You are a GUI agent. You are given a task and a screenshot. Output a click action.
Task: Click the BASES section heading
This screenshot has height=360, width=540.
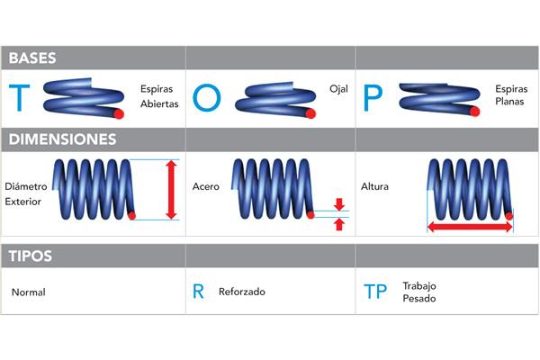(x=32, y=58)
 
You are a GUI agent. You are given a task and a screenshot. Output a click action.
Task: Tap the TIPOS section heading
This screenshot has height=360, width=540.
(x=30, y=256)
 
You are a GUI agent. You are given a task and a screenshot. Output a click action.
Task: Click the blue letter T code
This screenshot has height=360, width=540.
(x=19, y=97)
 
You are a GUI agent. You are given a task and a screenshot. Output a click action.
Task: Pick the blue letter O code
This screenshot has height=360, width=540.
(x=205, y=97)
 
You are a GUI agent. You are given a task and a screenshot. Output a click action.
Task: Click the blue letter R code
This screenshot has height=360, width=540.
(x=199, y=292)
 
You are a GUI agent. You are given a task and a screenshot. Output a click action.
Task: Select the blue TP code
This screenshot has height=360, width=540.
(x=375, y=292)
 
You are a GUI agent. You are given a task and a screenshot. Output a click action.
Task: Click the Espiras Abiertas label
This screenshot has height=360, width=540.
(x=159, y=96)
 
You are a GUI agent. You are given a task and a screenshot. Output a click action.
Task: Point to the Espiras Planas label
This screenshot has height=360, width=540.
(x=510, y=96)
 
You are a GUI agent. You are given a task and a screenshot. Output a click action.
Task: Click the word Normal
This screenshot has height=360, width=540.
(x=29, y=292)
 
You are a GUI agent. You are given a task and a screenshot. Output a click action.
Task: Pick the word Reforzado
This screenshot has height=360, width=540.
(x=242, y=292)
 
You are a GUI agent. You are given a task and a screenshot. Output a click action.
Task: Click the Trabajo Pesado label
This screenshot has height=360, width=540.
(x=420, y=292)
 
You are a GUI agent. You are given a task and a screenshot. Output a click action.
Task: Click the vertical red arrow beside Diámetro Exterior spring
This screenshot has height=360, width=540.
(x=170, y=189)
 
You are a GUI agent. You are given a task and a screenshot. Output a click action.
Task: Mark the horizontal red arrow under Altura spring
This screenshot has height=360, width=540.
(x=470, y=228)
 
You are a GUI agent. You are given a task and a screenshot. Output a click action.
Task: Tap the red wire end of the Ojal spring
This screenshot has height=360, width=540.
(x=310, y=114)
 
